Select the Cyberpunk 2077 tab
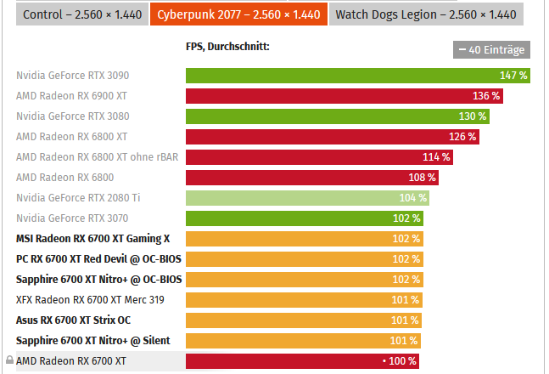(238, 14)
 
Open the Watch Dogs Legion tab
(425, 14)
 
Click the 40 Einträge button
(491, 50)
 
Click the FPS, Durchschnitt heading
(227, 47)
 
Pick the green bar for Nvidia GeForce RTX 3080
(338, 116)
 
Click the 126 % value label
(462, 136)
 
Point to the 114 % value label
(436, 156)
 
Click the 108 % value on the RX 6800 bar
(422, 178)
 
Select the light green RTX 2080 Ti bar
(307, 198)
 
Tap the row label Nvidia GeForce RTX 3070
(72, 218)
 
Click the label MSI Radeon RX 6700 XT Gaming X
(92, 239)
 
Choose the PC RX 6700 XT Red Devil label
(98, 258)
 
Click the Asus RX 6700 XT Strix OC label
(74, 320)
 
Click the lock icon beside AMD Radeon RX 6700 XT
(9, 361)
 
